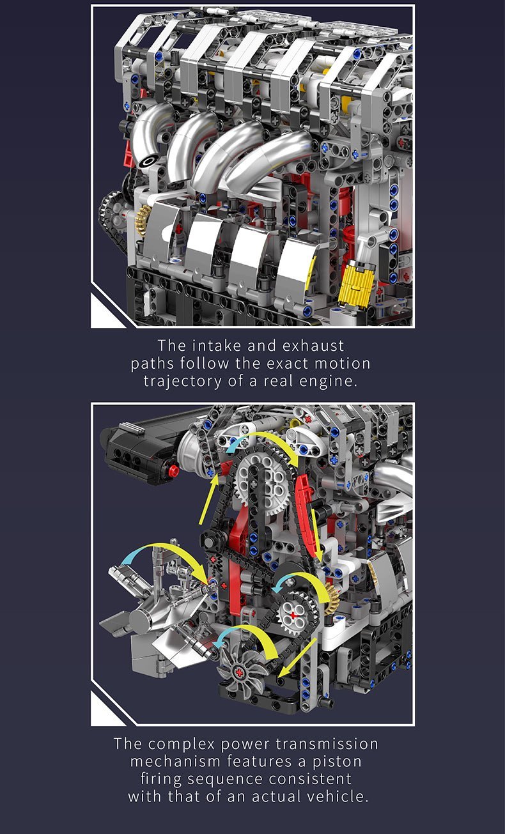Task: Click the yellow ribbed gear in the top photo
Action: [x=355, y=284]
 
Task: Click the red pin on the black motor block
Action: [x=173, y=472]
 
